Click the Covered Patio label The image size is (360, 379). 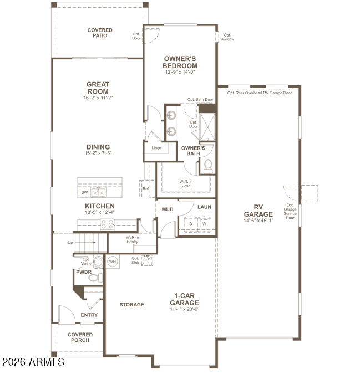click(x=100, y=33)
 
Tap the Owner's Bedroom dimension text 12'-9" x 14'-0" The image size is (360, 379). click(x=180, y=72)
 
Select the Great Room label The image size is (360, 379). click(x=98, y=88)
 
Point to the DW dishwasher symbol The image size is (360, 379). click(x=84, y=193)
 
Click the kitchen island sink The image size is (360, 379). click(x=99, y=192)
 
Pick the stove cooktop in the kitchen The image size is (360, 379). click(x=107, y=224)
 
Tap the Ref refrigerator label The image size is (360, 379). click(x=146, y=188)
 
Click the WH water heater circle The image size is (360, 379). click(x=113, y=262)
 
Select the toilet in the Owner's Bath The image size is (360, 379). click(x=208, y=166)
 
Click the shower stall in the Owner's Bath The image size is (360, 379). click(x=207, y=127)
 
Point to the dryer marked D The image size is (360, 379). click(x=191, y=224)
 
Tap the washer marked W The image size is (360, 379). click(x=205, y=224)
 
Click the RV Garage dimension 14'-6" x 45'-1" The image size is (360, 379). click(x=258, y=221)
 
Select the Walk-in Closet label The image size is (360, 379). click(x=186, y=184)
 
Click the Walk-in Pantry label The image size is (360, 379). click(x=132, y=239)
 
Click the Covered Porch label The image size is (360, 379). click(x=80, y=337)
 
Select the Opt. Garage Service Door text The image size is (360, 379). click(x=290, y=212)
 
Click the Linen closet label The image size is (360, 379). click(x=156, y=148)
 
